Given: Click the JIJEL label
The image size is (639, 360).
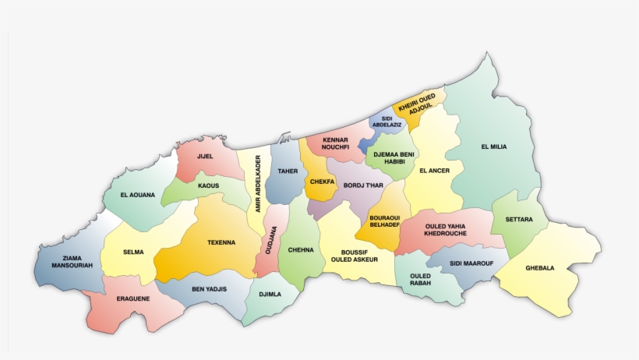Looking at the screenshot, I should pyautogui.click(x=205, y=157).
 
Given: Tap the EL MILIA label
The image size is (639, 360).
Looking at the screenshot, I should pyautogui.click(x=493, y=146).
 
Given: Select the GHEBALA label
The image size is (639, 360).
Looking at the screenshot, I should pyautogui.click(x=539, y=268).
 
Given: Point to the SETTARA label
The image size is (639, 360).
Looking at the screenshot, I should pyautogui.click(x=518, y=220).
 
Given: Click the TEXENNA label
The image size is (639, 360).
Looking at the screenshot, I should pyautogui.click(x=221, y=242).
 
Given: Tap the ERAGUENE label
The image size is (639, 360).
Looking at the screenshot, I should pyautogui.click(x=132, y=298).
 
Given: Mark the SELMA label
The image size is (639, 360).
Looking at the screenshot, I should pyautogui.click(x=133, y=252).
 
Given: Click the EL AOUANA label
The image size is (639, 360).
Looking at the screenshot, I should pyautogui.click(x=138, y=194).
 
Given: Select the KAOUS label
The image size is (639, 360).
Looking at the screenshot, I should pyautogui.click(x=208, y=185).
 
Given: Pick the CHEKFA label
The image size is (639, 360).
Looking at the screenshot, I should pyautogui.click(x=322, y=182).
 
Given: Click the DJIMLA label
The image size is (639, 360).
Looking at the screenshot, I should pyautogui.click(x=269, y=295).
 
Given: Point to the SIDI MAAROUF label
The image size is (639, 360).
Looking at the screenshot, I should pyautogui.click(x=471, y=263).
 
